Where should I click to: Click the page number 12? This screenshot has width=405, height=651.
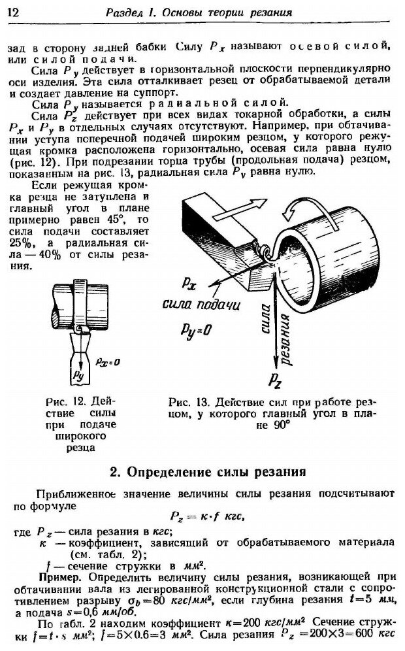click(x=14, y=12)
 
